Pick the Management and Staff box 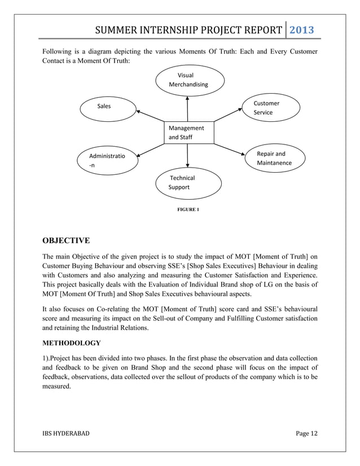pyautogui.click(x=188, y=132)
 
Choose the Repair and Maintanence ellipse pyautogui.click(x=274, y=159)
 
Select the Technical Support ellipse pyautogui.click(x=183, y=182)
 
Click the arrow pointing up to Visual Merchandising pyautogui.click(x=187, y=108)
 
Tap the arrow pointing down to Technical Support pyautogui.click(x=187, y=155)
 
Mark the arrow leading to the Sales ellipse pyautogui.click(x=150, y=116)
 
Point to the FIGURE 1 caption pyautogui.click(x=188, y=209)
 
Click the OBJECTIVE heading pyautogui.click(x=66, y=241)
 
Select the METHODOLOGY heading pyautogui.click(x=72, y=343)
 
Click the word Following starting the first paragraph pyautogui.click(x=59, y=52)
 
